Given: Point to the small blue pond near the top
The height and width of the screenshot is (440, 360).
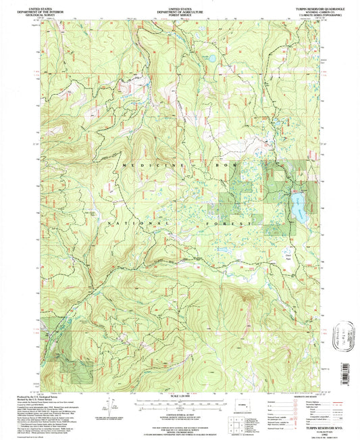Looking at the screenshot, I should (211, 59).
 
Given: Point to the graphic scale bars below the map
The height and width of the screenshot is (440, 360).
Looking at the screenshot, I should (178, 404).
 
